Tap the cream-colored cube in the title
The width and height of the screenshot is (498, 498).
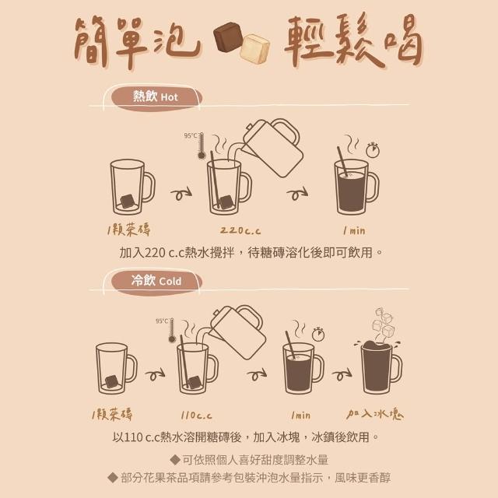click(254, 48)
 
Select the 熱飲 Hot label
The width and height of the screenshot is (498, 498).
click(156, 96)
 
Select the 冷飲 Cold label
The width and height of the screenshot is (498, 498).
click(156, 281)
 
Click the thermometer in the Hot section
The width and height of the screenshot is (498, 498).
click(201, 146)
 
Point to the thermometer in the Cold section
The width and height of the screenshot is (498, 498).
click(172, 330)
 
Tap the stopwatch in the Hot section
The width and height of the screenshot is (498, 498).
click(373, 150)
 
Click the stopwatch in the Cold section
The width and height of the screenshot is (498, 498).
click(318, 334)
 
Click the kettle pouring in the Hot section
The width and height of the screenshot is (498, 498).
click(272, 147)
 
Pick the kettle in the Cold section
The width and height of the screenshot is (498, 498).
click(237, 332)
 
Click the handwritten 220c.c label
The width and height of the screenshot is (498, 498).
click(240, 230)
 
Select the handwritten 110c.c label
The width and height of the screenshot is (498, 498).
click(196, 415)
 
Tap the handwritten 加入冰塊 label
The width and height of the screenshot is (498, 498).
click(375, 414)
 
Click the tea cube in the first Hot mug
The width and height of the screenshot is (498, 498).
click(128, 201)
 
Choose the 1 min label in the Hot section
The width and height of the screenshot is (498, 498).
click(354, 230)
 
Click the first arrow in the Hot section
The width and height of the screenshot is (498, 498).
click(181, 193)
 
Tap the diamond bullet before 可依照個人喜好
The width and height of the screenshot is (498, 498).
click(175, 459)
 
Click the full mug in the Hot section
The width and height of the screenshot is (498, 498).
click(356, 187)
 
